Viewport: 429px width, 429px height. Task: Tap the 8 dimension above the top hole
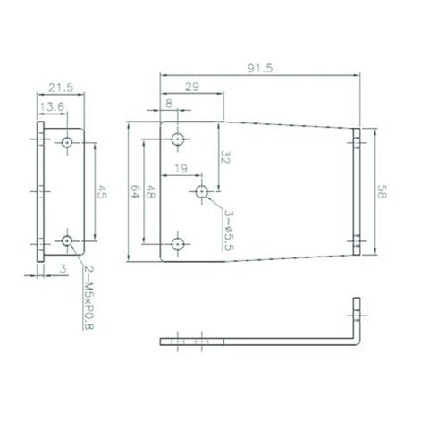(170, 104)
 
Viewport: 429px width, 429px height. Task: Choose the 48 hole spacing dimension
(149, 190)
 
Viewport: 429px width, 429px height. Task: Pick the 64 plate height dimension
(135, 190)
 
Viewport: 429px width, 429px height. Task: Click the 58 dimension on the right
(382, 192)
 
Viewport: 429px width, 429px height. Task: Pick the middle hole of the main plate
(203, 191)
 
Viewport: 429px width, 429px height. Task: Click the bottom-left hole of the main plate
(178, 243)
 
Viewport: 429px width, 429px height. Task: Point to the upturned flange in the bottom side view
(358, 324)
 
